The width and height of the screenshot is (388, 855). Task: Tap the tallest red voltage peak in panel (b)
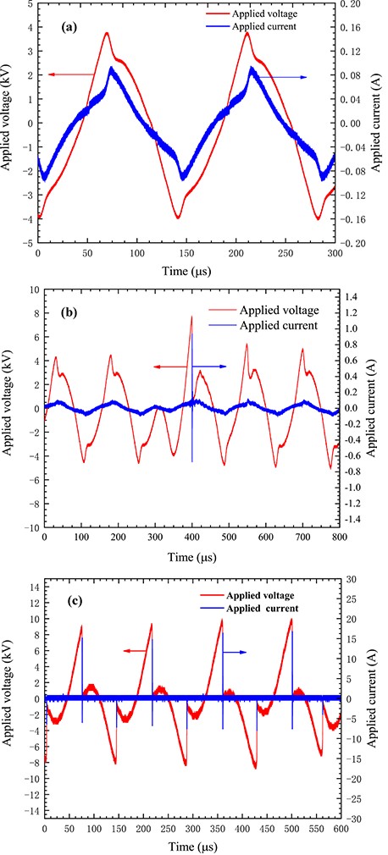tap(191, 317)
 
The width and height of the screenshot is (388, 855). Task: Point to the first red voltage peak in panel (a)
tap(107, 33)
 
